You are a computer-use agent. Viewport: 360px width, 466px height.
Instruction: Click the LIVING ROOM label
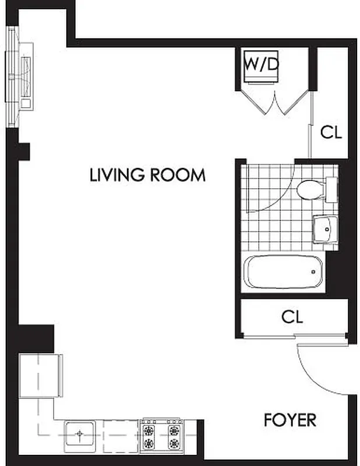click(x=147, y=175)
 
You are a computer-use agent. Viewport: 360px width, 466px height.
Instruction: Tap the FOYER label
click(x=290, y=419)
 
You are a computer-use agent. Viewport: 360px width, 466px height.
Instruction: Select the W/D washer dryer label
click(x=260, y=64)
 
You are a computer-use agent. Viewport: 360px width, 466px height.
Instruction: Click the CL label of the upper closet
click(x=331, y=133)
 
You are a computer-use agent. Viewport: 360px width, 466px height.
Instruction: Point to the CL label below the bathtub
click(x=292, y=317)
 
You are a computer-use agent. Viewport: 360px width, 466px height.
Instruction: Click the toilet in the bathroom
click(x=310, y=190)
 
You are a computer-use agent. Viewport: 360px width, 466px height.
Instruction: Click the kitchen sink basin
click(x=79, y=434)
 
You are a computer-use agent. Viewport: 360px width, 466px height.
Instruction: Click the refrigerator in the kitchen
click(x=40, y=376)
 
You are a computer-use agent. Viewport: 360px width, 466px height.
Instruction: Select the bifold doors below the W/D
click(x=274, y=102)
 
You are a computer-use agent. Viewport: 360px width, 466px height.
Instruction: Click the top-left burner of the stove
click(x=150, y=430)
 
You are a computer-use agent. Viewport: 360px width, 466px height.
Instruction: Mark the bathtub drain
click(x=315, y=271)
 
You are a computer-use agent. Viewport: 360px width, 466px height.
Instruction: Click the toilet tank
click(x=330, y=190)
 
